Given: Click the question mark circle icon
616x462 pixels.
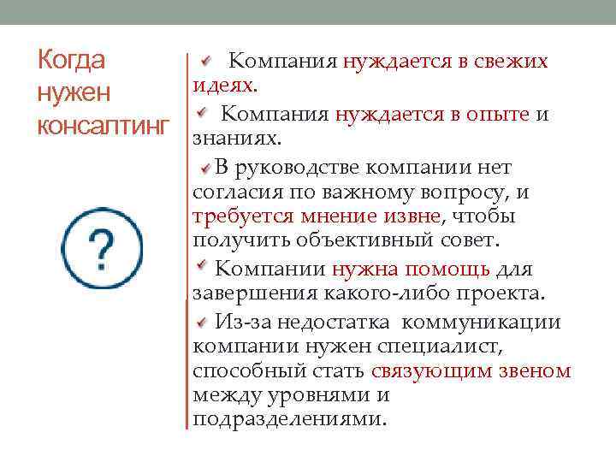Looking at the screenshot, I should [x=103, y=248].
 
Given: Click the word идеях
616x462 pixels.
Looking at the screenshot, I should [x=223, y=86].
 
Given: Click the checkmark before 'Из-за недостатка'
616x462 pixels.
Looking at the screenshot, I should [x=202, y=322].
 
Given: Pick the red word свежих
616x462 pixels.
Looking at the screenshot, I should [x=507, y=61].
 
